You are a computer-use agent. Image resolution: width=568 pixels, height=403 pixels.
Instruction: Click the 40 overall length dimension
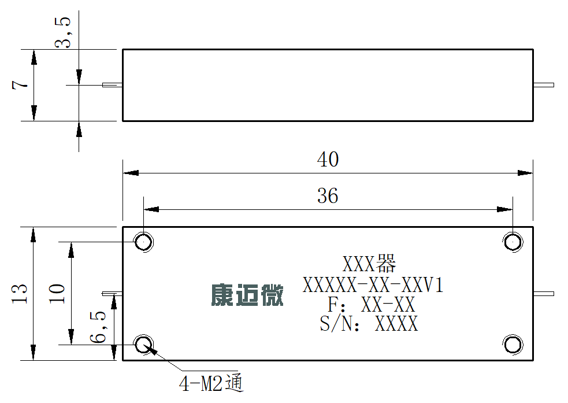click(x=328, y=160)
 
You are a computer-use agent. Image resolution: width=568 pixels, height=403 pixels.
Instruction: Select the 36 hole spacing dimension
click(x=328, y=195)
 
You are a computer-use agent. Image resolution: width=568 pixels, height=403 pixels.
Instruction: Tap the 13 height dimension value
click(x=20, y=294)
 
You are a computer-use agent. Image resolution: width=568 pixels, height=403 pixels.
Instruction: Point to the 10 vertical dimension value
click(x=57, y=294)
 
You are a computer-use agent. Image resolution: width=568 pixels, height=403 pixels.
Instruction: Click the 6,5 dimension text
click(x=98, y=327)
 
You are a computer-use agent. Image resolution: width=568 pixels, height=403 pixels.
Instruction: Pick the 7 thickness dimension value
click(x=20, y=85)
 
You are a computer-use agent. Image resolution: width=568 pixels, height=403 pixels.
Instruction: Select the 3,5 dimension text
click(x=62, y=32)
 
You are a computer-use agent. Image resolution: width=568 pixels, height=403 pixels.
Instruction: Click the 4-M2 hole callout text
click(x=211, y=383)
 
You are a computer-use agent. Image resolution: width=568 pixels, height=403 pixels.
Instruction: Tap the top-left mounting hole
click(x=144, y=241)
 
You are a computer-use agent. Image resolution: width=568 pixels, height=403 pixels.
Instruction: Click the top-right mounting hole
click(x=513, y=241)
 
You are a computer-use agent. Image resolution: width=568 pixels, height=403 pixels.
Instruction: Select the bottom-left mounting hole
click(x=144, y=345)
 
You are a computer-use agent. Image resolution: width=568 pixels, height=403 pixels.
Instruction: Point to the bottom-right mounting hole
click(x=513, y=345)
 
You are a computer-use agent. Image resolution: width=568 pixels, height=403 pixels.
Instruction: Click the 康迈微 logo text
click(x=247, y=295)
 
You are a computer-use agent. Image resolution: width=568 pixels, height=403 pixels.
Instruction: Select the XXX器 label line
click(x=369, y=264)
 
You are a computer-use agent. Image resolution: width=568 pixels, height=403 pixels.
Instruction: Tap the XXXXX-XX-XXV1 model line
click(x=373, y=285)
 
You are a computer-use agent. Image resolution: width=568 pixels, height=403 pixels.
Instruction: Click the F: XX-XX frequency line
click(x=372, y=305)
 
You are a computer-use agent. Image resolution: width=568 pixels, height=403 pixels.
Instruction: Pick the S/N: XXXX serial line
click(x=369, y=324)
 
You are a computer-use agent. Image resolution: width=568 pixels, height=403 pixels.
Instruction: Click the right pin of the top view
click(x=544, y=85)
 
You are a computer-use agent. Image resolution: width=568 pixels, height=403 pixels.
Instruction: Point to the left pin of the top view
click(x=112, y=85)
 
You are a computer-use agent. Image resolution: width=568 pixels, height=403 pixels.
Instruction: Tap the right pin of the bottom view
click(x=544, y=294)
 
